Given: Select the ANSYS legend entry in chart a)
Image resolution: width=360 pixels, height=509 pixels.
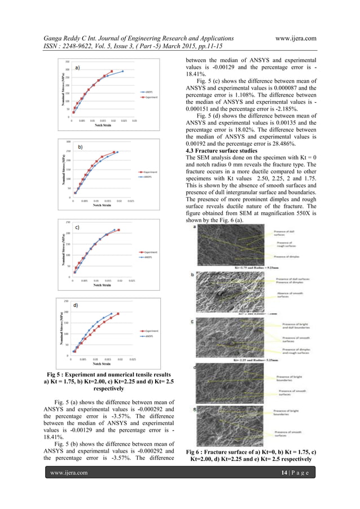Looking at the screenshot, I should tap(149, 90).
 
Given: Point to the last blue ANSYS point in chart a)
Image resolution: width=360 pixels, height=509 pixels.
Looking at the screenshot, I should tap(122, 71).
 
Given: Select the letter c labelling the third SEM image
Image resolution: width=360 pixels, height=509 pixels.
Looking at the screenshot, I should tap(195, 322).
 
